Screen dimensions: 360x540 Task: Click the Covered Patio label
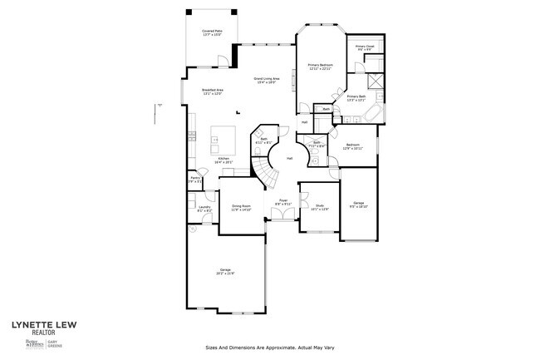pos(211,32)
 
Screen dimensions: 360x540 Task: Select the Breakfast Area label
pos(213,91)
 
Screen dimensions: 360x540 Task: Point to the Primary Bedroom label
pos(320,67)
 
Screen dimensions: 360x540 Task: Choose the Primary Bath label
pos(356,98)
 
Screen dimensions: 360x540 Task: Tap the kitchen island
pos(224,136)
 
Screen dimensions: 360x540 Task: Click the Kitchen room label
pos(223,160)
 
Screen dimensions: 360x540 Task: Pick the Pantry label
pos(194,180)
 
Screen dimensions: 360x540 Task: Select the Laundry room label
pos(204,210)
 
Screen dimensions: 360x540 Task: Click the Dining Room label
pos(241,208)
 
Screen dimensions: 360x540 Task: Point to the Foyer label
pos(282,202)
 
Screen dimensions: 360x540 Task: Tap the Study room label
pos(319,207)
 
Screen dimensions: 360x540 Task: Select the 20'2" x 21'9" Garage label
pos(225,271)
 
